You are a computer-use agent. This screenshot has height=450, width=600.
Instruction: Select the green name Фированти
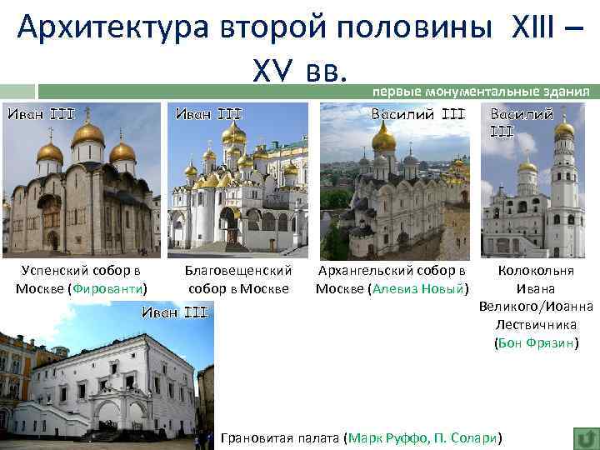tap(107, 288)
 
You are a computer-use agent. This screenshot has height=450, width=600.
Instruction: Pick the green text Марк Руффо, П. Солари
tap(425, 437)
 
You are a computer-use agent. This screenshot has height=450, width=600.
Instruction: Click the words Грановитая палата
tap(280, 437)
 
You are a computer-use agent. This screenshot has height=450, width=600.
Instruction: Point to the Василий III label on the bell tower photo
tap(521, 122)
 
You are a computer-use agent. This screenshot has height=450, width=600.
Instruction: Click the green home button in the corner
tap(585, 437)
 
